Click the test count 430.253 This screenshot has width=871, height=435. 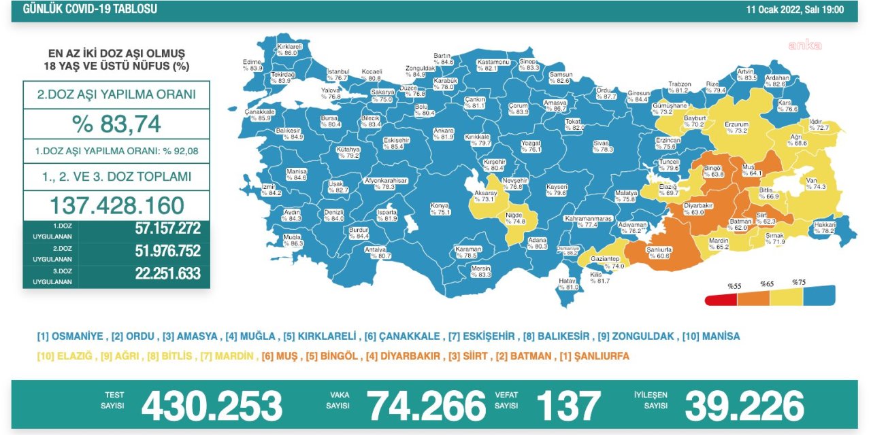point(212,406)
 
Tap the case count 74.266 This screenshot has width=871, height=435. point(427,406)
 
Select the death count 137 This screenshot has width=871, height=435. point(568,406)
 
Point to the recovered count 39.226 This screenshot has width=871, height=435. point(744,406)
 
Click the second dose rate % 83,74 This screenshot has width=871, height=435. point(116,124)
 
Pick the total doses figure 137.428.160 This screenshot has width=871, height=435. point(116,205)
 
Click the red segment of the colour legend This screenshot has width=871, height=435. point(722,299)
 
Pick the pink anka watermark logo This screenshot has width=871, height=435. point(805,46)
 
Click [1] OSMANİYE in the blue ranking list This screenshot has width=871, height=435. point(70,336)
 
